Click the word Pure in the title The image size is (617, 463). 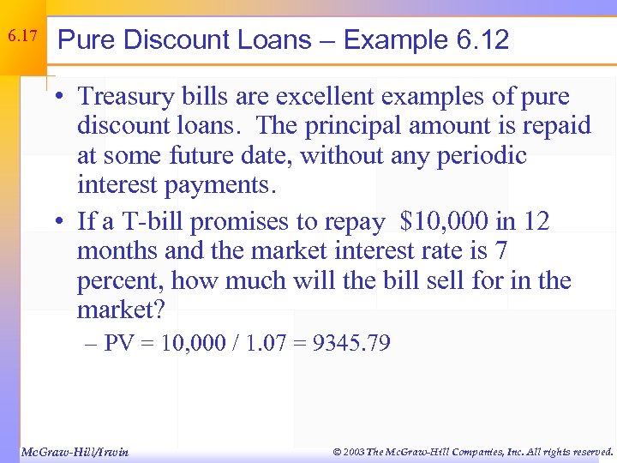(x=83, y=39)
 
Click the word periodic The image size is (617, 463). (x=485, y=155)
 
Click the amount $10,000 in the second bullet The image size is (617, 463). (x=443, y=222)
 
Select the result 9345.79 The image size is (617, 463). (x=352, y=344)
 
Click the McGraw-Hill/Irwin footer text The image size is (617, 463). (x=75, y=451)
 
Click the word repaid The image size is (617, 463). (x=556, y=126)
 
